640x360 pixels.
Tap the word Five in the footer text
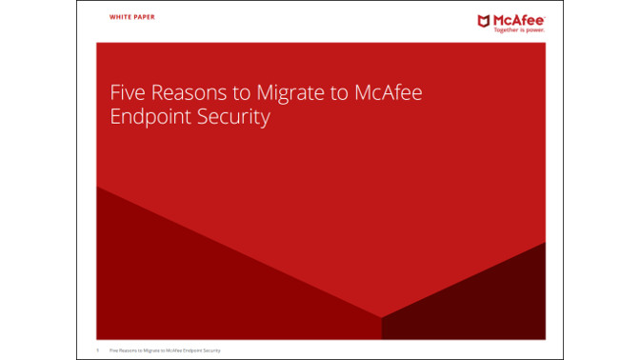114,350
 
